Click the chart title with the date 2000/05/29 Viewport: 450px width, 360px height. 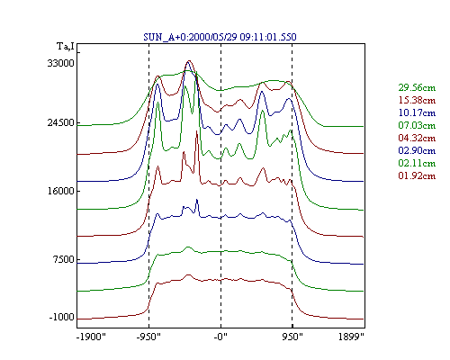pos(220,37)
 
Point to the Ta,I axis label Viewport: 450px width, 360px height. pos(66,47)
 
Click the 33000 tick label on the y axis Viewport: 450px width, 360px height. pos(60,63)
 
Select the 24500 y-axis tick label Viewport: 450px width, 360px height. pos(60,122)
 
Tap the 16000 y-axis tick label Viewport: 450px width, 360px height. pos(60,191)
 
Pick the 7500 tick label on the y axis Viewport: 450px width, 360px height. pos(63,259)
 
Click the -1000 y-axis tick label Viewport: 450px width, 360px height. pos(61,317)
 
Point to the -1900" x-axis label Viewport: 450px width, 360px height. pos(91,337)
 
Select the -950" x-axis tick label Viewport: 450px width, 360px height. pos(148,337)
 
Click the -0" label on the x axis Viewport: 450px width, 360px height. pos(220,337)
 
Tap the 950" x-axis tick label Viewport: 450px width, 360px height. pos(292,337)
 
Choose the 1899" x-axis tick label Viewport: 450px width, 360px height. pos(351,337)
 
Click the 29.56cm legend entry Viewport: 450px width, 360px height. pos(417,87)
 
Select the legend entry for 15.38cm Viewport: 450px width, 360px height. pos(417,100)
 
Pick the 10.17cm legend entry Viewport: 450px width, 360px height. pos(417,112)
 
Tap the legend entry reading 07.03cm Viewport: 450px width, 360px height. pos(417,125)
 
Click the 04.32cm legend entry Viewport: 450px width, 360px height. pos(417,138)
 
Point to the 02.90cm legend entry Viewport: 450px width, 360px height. pos(417,150)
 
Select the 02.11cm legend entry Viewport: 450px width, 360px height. pos(417,163)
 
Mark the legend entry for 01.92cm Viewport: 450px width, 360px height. pos(417,175)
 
